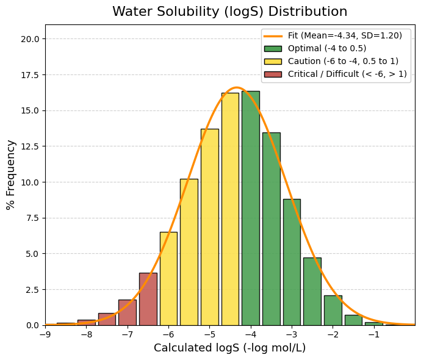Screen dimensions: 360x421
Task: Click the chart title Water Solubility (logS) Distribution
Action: click(229, 12)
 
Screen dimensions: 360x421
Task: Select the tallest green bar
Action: click(250, 207)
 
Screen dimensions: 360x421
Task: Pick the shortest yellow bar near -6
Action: click(168, 278)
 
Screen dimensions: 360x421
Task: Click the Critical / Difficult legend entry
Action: click(334, 74)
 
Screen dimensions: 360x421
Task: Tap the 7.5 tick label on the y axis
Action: click(34, 218)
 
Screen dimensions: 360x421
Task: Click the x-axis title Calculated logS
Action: click(229, 348)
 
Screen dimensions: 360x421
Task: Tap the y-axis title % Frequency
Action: click(11, 175)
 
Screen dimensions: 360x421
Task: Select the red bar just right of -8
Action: click(107, 319)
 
